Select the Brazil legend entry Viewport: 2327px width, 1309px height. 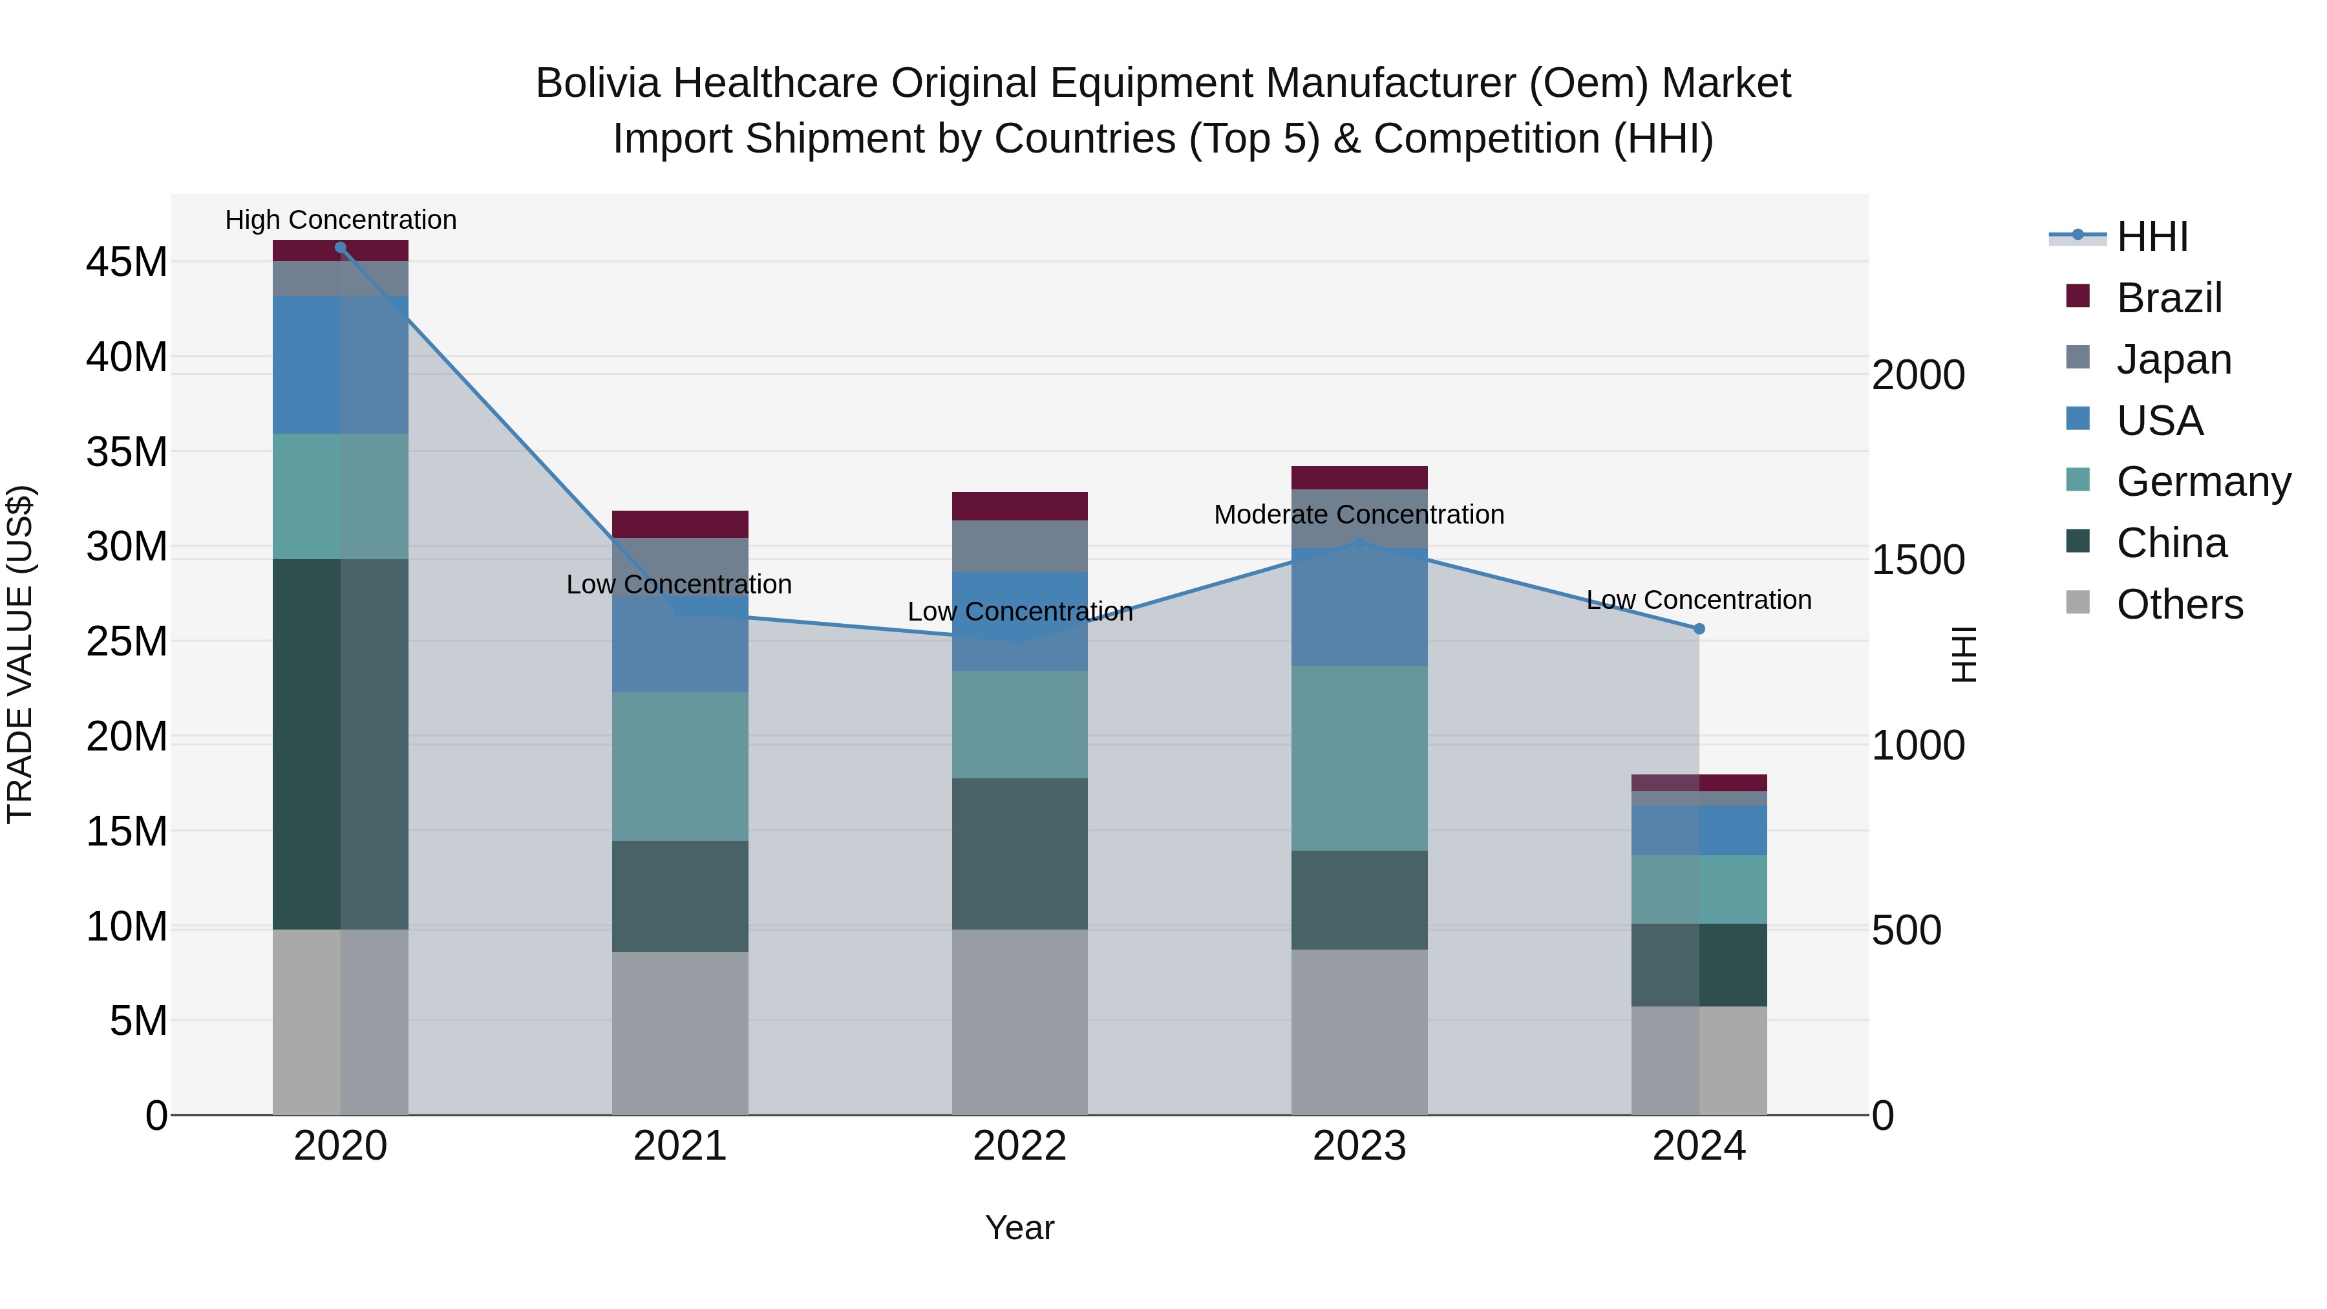2167,298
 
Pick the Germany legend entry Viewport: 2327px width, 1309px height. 2202,482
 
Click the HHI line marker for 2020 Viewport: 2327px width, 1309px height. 341,248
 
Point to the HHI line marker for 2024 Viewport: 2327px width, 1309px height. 1699,629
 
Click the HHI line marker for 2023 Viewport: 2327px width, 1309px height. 1359,543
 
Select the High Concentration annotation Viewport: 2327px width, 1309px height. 341,220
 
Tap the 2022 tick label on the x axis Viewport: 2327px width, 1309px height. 1020,1146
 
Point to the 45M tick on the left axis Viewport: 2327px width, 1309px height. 127,263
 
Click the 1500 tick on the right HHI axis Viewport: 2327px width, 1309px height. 1918,560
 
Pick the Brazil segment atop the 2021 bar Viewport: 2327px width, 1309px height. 680,524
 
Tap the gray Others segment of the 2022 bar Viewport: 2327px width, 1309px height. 1020,1021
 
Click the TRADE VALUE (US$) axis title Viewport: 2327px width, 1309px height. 20,654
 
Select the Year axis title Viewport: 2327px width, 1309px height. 1020,1228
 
